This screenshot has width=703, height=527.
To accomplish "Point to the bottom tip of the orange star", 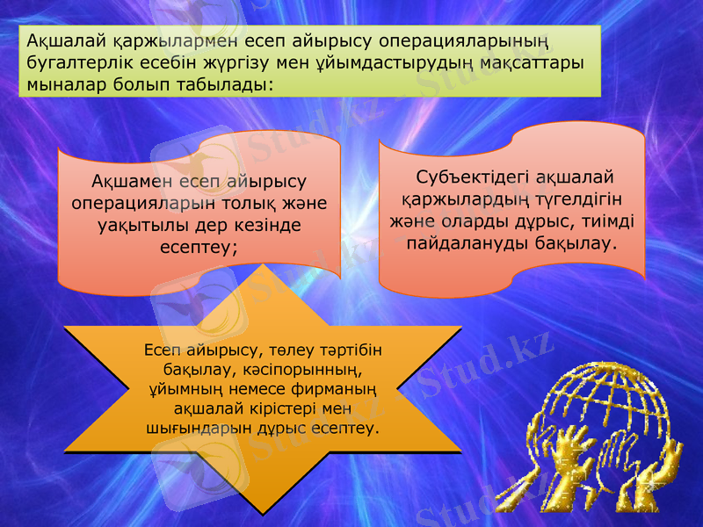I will [262, 512].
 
